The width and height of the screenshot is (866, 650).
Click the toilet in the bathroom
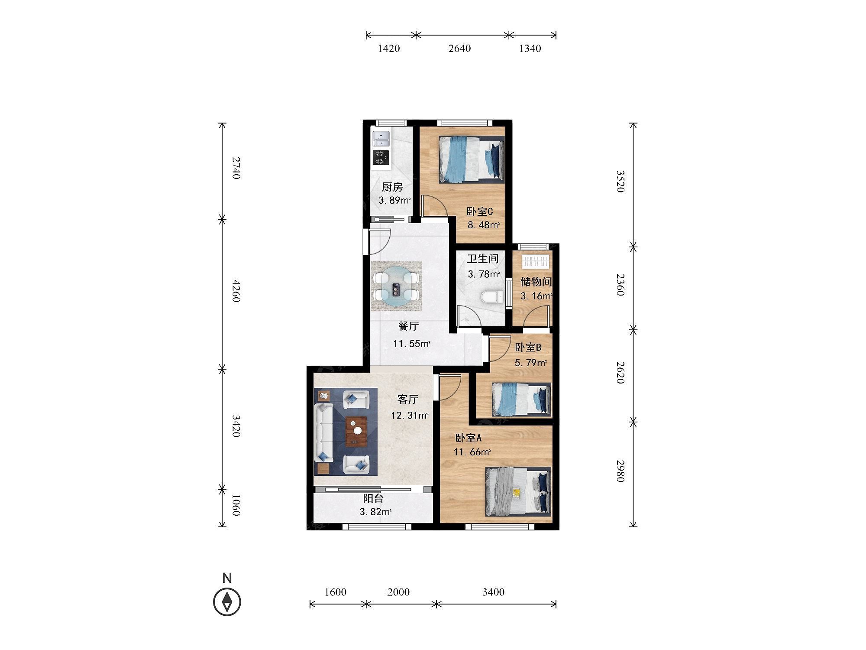[x=493, y=297]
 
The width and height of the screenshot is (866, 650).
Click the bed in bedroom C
[x=472, y=159]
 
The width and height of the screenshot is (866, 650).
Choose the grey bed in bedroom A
[x=518, y=491]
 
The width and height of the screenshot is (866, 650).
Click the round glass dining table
[x=396, y=286]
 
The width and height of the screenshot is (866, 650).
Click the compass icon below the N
[x=227, y=602]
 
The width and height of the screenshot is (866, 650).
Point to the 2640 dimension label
[x=459, y=49]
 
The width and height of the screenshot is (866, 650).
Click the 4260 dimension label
[x=236, y=291]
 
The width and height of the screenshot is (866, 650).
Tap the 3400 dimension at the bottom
[x=493, y=592]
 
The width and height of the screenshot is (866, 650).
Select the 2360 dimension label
[x=620, y=284]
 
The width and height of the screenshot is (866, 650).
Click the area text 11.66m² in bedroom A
[x=472, y=452]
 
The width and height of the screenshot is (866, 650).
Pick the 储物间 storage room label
[x=536, y=282]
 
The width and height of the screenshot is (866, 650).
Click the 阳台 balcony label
[x=373, y=499]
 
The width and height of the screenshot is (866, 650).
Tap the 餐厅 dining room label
[x=408, y=326]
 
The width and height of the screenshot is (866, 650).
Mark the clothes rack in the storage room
[x=536, y=261]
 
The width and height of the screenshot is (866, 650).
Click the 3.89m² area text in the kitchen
[x=394, y=201]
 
